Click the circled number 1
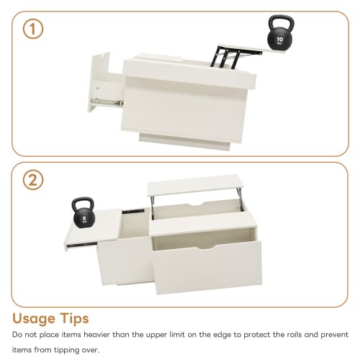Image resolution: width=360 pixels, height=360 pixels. (32, 29)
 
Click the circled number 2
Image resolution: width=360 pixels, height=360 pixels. (32, 181)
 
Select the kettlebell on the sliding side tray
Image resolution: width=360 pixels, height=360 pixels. (84, 215)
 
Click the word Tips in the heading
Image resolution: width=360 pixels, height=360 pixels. (89, 318)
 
